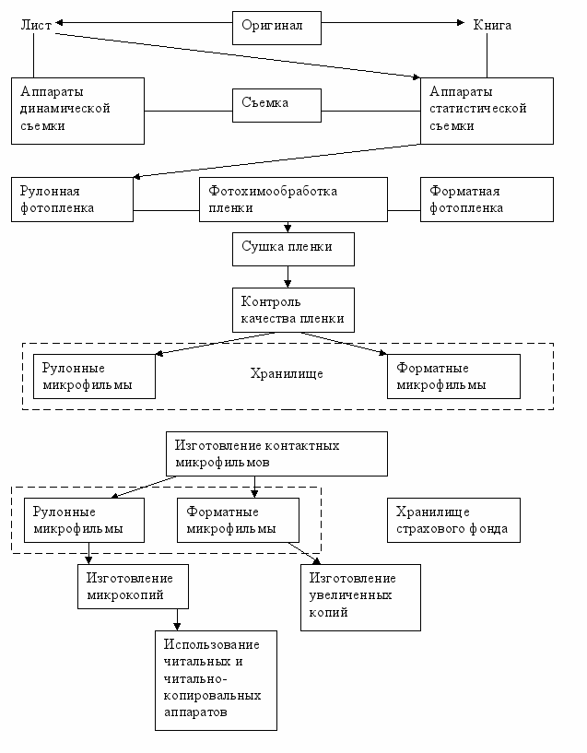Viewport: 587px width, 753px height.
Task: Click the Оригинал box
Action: click(x=277, y=29)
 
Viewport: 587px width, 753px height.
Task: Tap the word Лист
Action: click(x=36, y=25)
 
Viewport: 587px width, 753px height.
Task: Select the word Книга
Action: click(x=492, y=25)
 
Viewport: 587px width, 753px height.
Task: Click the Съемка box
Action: click(x=277, y=105)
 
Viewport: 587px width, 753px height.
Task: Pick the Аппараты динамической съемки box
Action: click(x=77, y=111)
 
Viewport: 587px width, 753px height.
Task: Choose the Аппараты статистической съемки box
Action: click(x=487, y=111)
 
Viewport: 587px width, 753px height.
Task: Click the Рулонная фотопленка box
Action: click(x=72, y=199)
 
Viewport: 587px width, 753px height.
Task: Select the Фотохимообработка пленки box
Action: click(x=293, y=199)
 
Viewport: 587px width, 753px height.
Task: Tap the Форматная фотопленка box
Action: click(x=487, y=199)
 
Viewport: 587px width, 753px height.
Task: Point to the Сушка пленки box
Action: click(x=293, y=249)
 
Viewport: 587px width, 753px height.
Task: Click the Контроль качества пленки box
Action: click(x=293, y=311)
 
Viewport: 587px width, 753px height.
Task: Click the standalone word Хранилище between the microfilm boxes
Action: click(x=287, y=373)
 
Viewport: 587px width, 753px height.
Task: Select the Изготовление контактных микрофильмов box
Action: click(x=276, y=453)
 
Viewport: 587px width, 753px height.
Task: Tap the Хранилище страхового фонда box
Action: click(x=453, y=520)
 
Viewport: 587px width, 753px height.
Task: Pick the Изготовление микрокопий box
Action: click(x=133, y=586)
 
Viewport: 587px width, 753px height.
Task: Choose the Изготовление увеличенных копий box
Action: click(x=360, y=597)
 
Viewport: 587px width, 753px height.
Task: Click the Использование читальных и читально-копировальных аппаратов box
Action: click(x=216, y=680)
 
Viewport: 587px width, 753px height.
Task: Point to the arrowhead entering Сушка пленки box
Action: click(x=288, y=228)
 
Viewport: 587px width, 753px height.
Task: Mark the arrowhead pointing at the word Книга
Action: click(x=461, y=22)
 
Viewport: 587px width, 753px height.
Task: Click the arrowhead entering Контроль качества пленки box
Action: click(x=288, y=283)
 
